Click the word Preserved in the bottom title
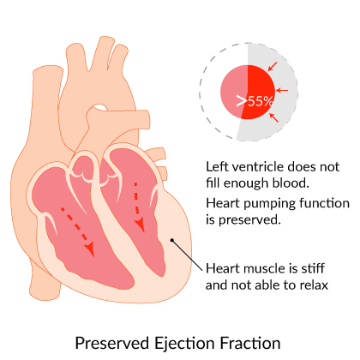(112, 343)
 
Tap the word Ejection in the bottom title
(184, 344)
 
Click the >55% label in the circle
(255, 101)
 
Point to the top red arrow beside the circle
(273, 66)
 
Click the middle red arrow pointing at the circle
(282, 91)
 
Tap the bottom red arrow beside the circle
(274, 117)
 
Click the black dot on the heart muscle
(172, 240)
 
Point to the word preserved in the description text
(249, 220)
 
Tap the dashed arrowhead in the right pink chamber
(140, 225)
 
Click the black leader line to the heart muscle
(187, 255)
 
